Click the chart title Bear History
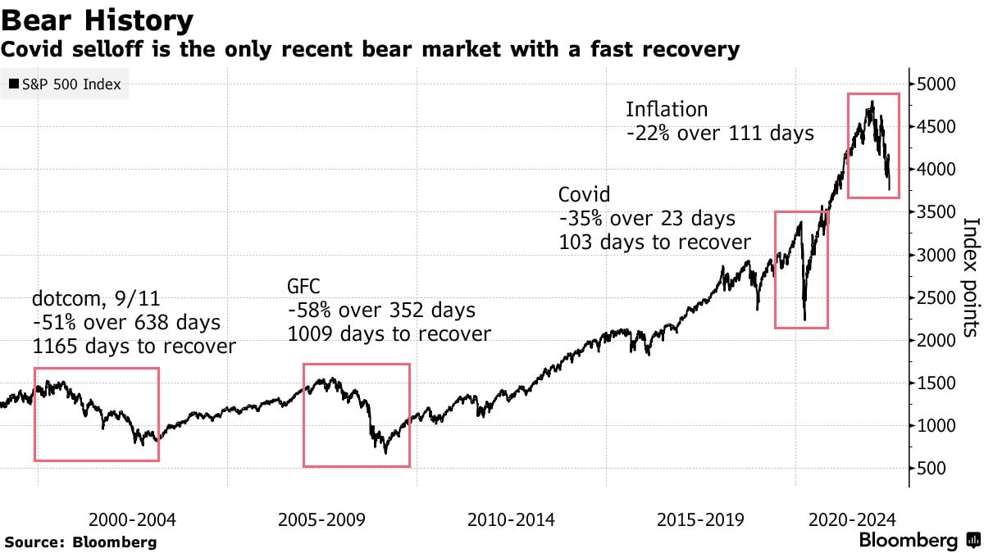click(98, 20)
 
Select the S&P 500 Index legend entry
click(64, 84)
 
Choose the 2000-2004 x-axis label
click(132, 519)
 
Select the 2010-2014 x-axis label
click(510, 519)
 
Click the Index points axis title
click(971, 277)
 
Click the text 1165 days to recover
click(134, 347)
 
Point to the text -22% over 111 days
click(719, 133)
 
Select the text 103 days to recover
click(654, 243)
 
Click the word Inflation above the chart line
click(666, 109)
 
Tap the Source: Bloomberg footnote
click(80, 542)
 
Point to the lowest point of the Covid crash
click(805, 320)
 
